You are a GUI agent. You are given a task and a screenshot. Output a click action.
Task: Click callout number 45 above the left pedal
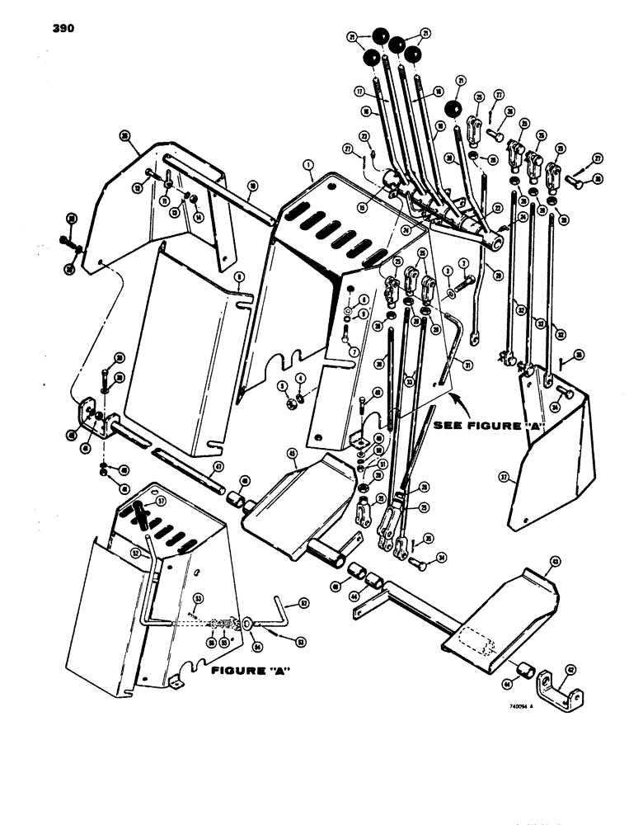click(x=292, y=453)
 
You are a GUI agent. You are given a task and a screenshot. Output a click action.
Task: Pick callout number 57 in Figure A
click(x=162, y=501)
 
